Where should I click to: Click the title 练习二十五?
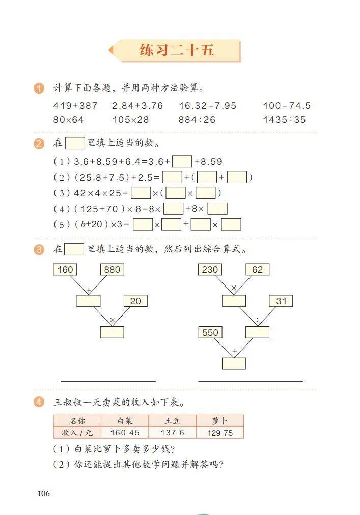[177, 50]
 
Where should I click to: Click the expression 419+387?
[75, 106]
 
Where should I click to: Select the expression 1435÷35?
[284, 120]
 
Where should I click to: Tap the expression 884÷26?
[197, 120]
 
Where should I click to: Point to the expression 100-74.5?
[287, 106]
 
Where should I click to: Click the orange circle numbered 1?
[39, 89]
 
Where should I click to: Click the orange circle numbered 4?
[39, 402]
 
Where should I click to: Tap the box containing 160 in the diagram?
[65, 270]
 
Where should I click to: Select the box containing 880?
[112, 270]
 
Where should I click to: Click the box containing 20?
[135, 301]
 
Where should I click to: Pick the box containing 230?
[210, 270]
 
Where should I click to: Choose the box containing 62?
[258, 270]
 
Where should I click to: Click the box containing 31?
[281, 301]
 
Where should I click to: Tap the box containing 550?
[210, 332]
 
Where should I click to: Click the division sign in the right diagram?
[258, 320]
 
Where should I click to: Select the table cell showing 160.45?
[125, 433]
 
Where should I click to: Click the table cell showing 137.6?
[172, 433]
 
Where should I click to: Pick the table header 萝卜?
[220, 421]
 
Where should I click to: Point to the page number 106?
[44, 493]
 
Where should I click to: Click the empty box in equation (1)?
[182, 162]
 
